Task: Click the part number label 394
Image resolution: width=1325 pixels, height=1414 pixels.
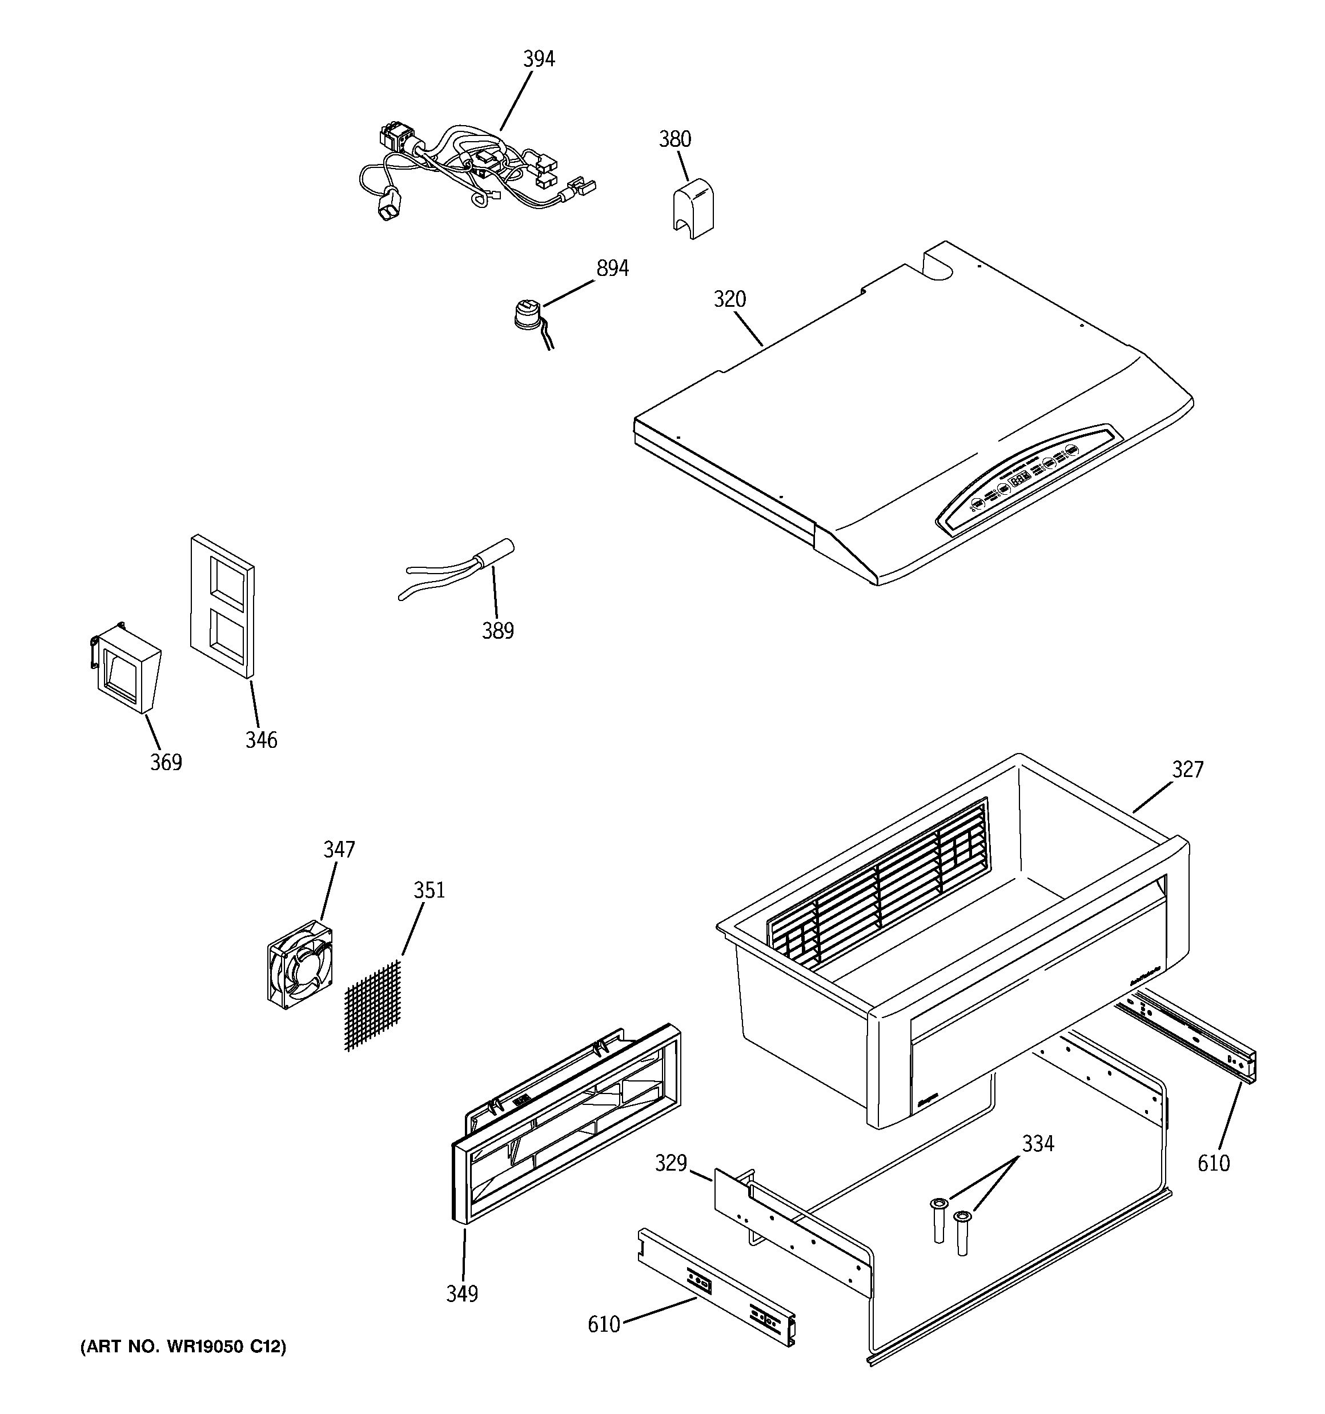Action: click(539, 59)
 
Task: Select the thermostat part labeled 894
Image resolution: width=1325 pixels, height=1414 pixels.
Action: click(527, 317)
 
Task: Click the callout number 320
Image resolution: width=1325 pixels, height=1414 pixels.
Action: click(730, 299)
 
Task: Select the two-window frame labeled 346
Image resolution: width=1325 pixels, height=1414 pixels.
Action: click(222, 607)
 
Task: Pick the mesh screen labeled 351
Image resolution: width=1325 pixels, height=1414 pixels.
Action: click(374, 1005)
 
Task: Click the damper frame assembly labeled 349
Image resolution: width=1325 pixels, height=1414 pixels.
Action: click(565, 1124)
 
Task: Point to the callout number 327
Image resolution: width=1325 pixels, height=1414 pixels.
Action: click(1187, 770)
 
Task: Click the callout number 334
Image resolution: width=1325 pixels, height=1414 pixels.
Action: click(1038, 1144)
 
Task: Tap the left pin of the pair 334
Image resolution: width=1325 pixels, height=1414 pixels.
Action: click(939, 1220)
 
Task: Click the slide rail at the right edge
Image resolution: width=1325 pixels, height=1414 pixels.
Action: click(1186, 1035)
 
